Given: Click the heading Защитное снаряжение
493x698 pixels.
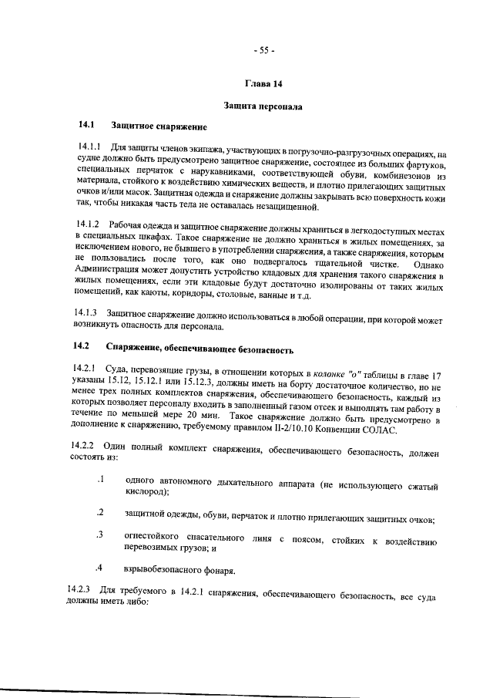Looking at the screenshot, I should pos(159,124).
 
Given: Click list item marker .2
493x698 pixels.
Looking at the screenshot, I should pos(99,513).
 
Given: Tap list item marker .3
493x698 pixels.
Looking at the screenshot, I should pos(99,534).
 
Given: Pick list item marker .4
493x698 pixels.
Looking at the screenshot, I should pos(99,569).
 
